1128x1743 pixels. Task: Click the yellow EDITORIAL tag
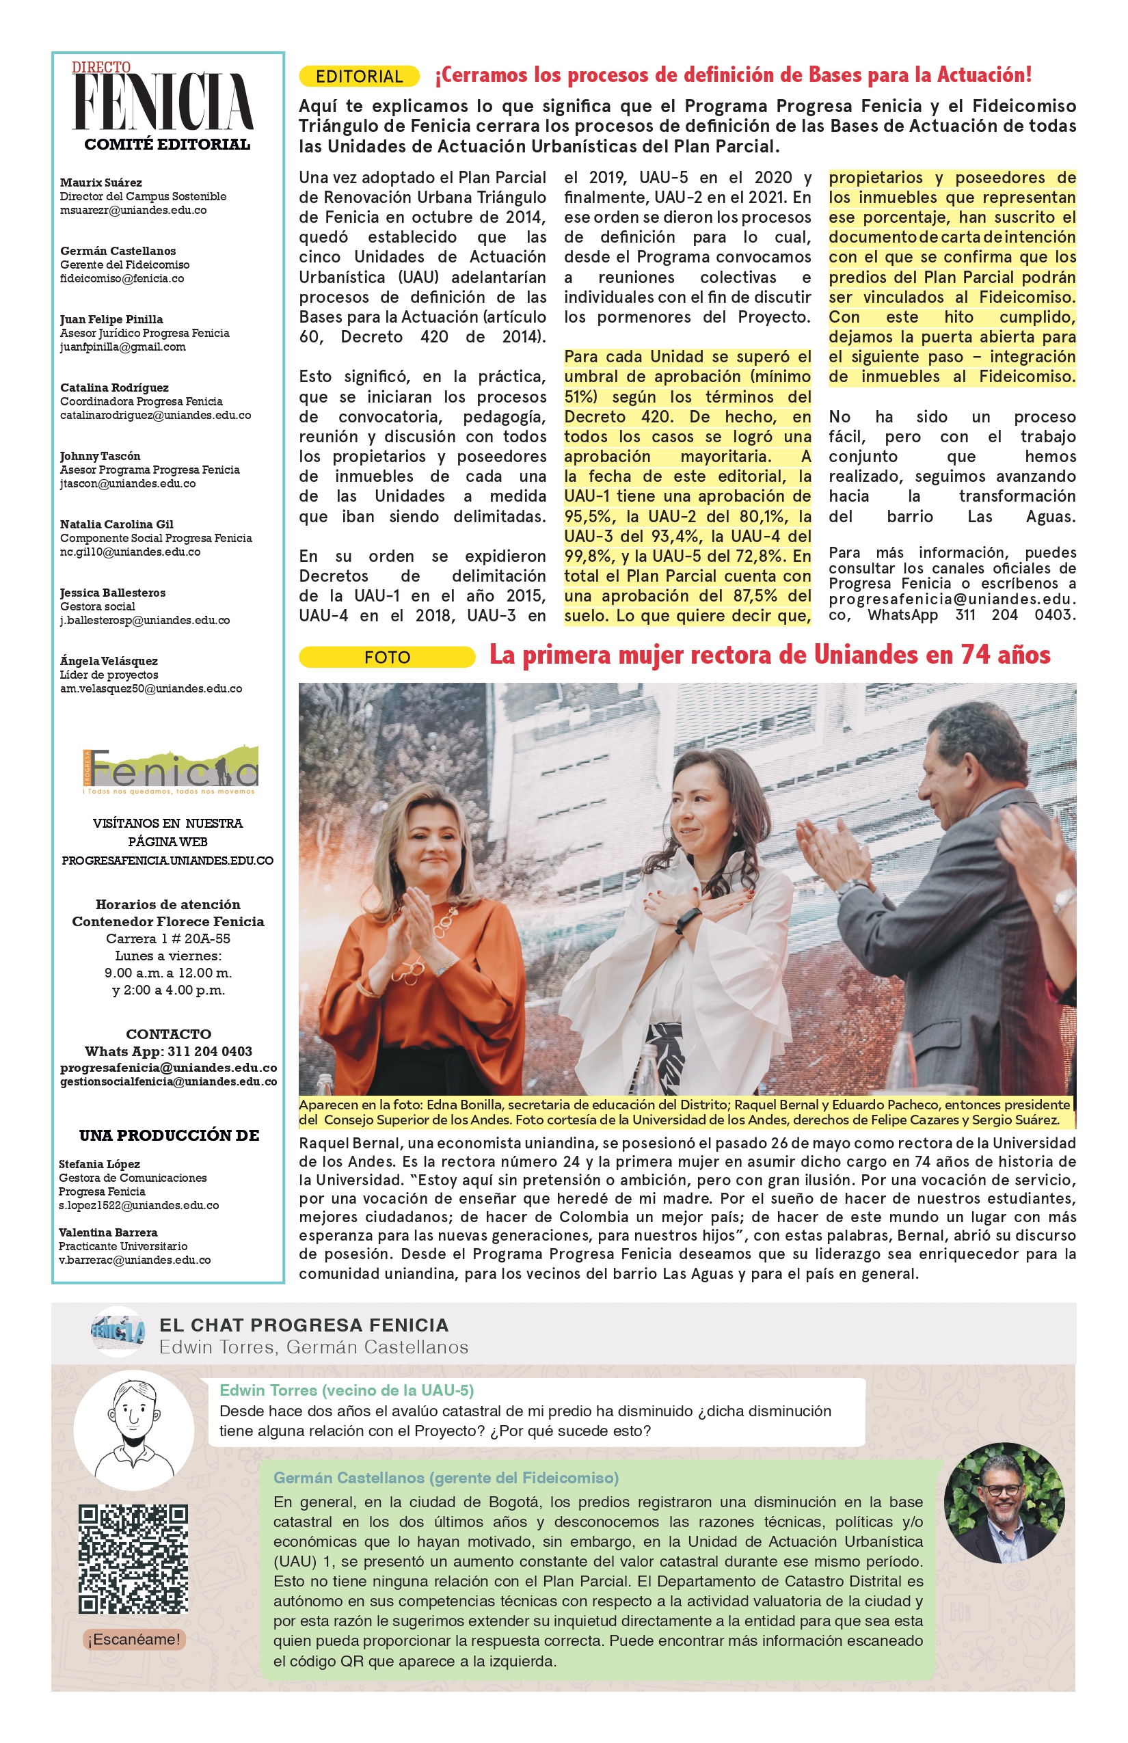359,76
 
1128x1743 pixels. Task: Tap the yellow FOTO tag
387,657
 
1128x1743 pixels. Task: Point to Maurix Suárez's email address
133,211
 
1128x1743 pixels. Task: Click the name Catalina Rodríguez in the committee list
114,388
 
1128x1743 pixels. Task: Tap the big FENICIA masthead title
163,103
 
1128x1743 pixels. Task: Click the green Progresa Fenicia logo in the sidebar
171,770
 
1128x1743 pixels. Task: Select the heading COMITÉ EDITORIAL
167,144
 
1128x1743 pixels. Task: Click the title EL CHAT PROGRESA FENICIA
304,1325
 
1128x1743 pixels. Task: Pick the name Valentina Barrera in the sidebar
108,1232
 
